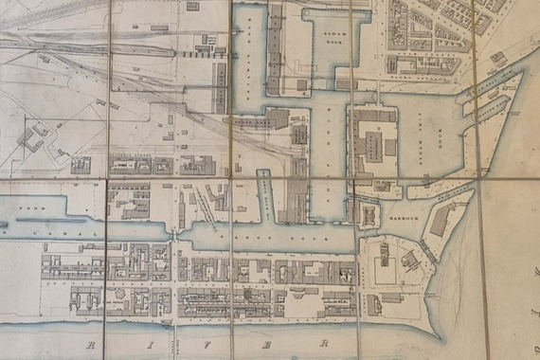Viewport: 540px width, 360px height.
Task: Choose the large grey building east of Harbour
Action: pos(440,221)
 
